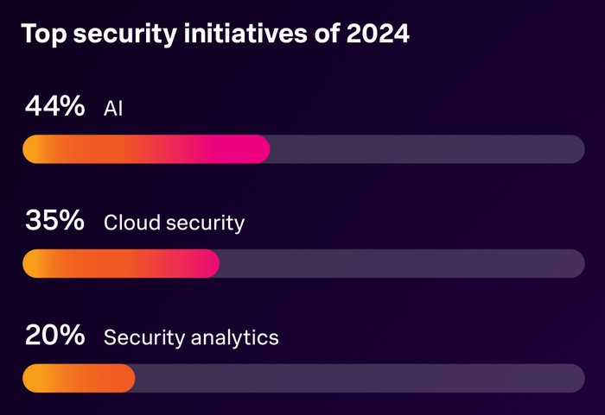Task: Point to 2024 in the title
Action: coord(377,35)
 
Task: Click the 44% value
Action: coord(55,107)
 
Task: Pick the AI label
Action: coord(113,109)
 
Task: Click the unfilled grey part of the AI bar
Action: coord(428,149)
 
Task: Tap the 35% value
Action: coord(55,221)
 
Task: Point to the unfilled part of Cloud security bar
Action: coord(402,264)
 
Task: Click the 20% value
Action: coord(55,335)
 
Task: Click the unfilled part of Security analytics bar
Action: coord(359,378)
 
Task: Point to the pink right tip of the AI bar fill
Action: coord(259,149)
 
